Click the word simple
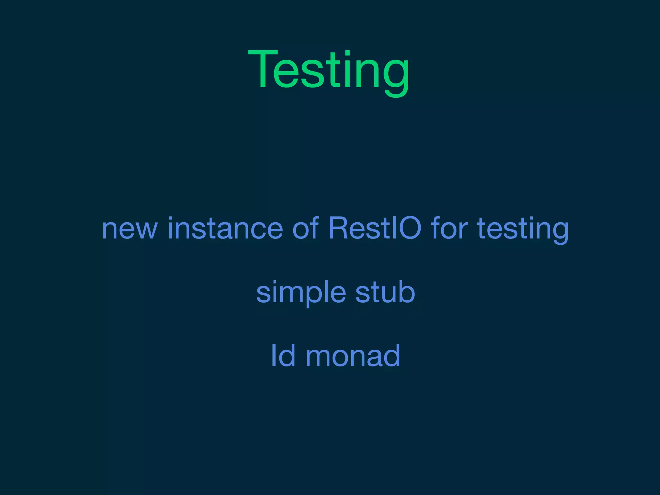click(301, 293)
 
